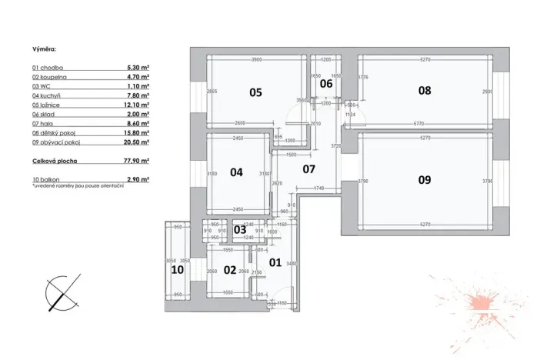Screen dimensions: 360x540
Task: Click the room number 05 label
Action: [x=255, y=92]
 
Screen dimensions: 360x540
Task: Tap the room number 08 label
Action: [x=425, y=90]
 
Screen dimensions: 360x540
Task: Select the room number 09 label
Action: [x=425, y=180]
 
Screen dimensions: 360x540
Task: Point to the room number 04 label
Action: [x=236, y=172]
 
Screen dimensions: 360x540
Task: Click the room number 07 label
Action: [x=308, y=168]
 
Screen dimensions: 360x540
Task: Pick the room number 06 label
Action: [x=326, y=83]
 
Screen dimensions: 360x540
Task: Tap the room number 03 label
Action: [x=239, y=229]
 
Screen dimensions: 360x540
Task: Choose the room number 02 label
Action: [x=229, y=269]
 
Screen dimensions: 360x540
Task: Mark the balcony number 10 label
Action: [x=177, y=269]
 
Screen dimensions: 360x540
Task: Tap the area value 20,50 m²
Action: [x=137, y=142]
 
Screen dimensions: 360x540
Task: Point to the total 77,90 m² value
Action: [x=137, y=162]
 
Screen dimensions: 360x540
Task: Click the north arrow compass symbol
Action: [x=62, y=293]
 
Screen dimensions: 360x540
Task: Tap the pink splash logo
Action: [x=482, y=301]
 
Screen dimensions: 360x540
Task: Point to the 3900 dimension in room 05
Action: [x=258, y=59]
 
